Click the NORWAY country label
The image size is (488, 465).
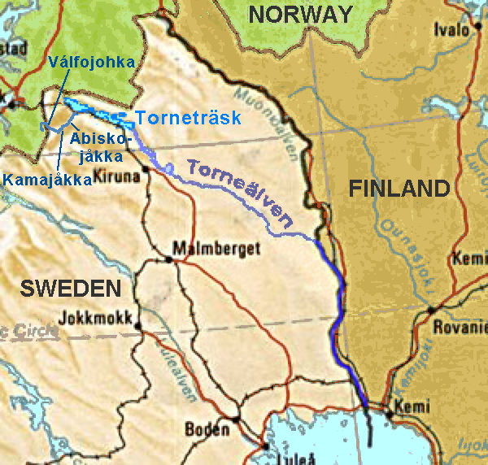click(x=301, y=14)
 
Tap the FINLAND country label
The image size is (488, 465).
click(x=399, y=189)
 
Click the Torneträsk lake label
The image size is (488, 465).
click(x=189, y=118)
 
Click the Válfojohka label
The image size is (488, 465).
click(x=91, y=62)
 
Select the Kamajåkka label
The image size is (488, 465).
click(x=46, y=180)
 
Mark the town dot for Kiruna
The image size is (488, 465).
click(x=146, y=168)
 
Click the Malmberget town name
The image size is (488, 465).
click(x=206, y=249)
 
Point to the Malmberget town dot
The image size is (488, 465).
click(x=169, y=259)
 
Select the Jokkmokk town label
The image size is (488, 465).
click(x=95, y=318)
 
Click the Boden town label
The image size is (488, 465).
click(x=207, y=428)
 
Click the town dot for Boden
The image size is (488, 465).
click(x=235, y=419)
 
